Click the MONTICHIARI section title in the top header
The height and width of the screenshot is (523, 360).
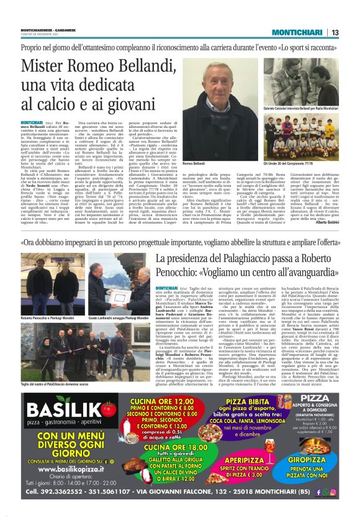click(x=293, y=33)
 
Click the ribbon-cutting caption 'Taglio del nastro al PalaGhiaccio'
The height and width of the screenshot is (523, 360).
click(x=55, y=384)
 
